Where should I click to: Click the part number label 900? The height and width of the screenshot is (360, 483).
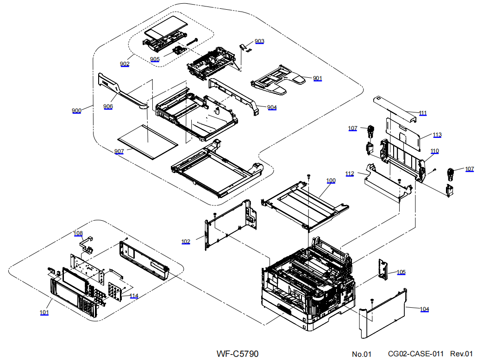[76, 111]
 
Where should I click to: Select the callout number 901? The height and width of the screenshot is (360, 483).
[317, 78]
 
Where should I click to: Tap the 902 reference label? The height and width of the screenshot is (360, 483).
[125, 64]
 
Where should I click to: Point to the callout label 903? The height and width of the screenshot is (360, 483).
[259, 41]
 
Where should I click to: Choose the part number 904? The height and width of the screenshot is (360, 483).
[272, 107]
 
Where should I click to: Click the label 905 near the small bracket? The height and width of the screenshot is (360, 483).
[155, 59]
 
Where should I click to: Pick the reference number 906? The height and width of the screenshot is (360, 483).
[108, 106]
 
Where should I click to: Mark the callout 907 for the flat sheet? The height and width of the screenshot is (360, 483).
[119, 151]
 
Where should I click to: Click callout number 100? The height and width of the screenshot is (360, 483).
[331, 180]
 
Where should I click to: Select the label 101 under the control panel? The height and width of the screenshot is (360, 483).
[44, 312]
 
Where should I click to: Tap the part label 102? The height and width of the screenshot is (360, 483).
[186, 242]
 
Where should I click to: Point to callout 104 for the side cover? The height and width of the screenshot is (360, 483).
[424, 309]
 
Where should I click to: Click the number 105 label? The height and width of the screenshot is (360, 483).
[401, 272]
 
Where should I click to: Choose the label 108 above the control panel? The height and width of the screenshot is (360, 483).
[78, 233]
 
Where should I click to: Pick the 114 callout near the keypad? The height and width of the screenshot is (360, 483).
[134, 296]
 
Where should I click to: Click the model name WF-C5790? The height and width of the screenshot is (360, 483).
[238, 354]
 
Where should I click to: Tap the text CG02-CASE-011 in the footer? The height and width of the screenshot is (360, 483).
[415, 354]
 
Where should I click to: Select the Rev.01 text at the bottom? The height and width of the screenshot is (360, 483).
[462, 354]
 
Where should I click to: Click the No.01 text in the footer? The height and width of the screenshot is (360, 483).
[362, 354]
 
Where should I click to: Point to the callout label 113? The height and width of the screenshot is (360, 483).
[437, 135]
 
